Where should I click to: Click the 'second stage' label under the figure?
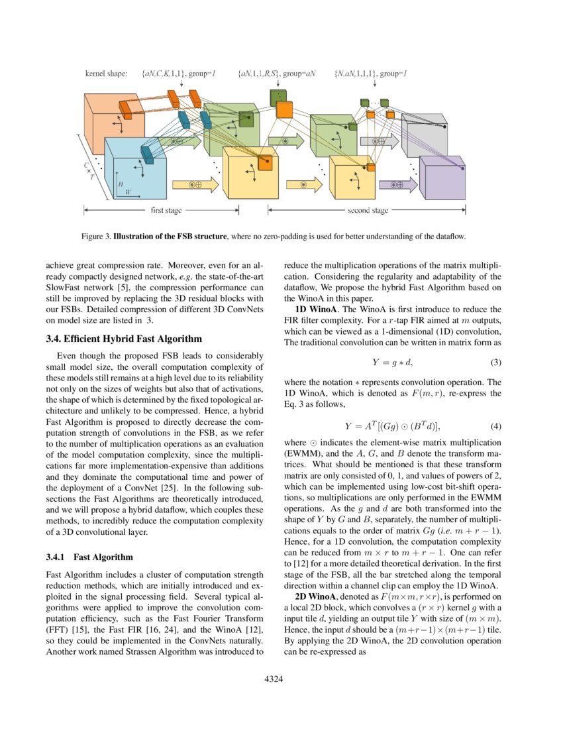368,211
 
